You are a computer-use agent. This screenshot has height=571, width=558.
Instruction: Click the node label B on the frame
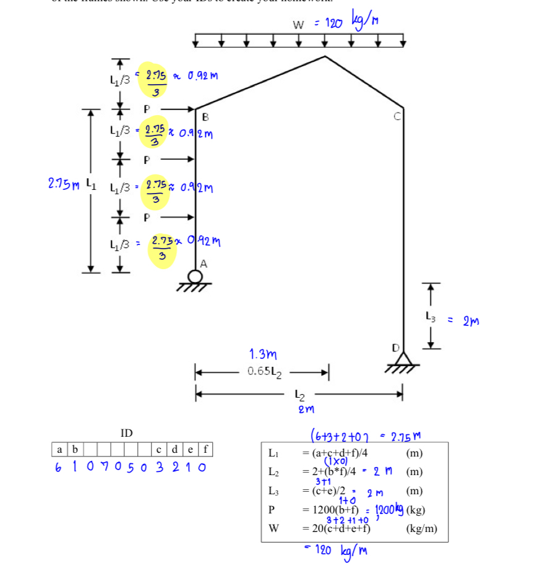click(x=205, y=116)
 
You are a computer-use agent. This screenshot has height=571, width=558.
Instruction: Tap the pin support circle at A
click(x=195, y=276)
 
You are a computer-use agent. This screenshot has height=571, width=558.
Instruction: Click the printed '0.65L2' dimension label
click(x=265, y=371)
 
